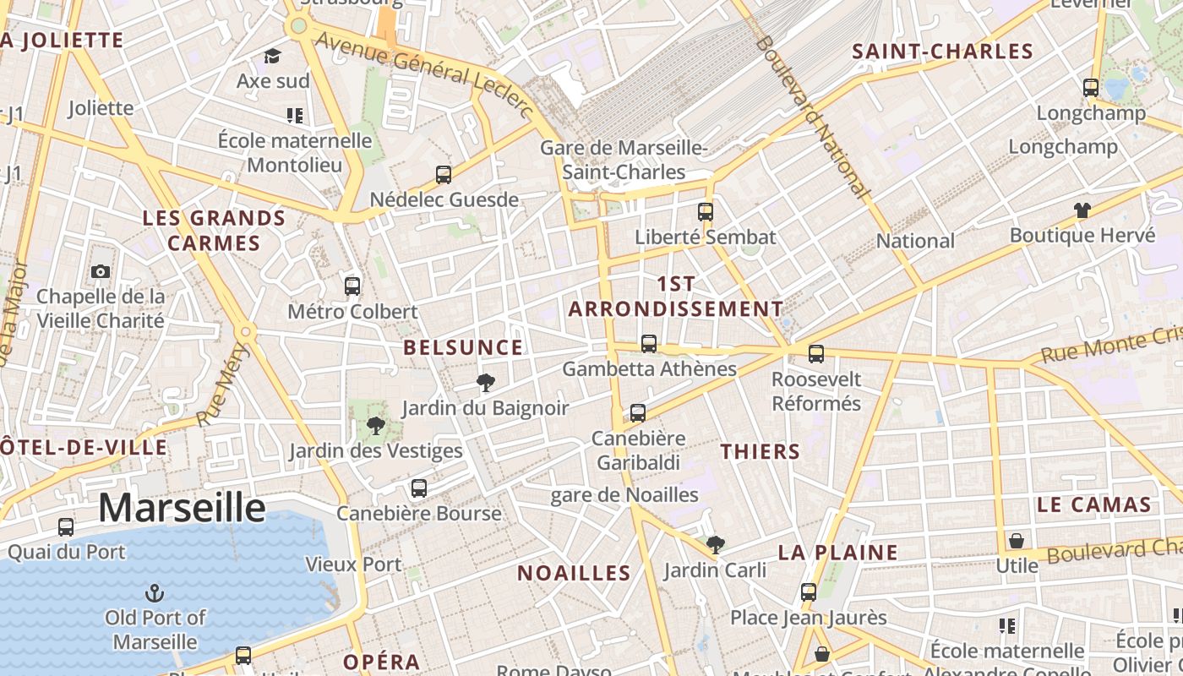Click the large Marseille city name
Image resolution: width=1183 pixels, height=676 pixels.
[x=182, y=508]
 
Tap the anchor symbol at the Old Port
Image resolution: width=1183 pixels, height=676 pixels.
[x=155, y=591]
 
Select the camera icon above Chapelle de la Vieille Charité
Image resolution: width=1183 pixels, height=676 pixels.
[x=101, y=271]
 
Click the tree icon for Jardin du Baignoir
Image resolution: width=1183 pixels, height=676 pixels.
[x=485, y=383]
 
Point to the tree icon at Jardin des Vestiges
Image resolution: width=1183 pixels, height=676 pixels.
[x=376, y=425]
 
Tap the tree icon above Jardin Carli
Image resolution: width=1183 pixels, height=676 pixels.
[x=716, y=544]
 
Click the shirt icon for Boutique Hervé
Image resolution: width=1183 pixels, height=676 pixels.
[x=1082, y=210]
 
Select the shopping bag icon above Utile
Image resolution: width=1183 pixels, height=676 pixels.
[x=1017, y=540]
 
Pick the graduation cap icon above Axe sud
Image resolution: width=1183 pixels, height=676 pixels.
[x=272, y=56]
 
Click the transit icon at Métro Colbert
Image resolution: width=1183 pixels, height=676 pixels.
[x=352, y=286]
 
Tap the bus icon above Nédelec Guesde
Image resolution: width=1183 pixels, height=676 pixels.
[x=444, y=175]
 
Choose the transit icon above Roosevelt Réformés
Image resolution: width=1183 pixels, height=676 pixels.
[x=815, y=354]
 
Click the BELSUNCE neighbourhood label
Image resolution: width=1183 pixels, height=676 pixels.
[x=463, y=347]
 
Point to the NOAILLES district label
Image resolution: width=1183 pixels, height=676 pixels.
[x=574, y=573]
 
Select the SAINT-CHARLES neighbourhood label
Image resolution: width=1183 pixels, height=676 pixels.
[x=942, y=52]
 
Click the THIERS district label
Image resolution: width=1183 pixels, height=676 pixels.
[x=760, y=451]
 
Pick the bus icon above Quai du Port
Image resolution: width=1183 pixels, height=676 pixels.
[x=66, y=527]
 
